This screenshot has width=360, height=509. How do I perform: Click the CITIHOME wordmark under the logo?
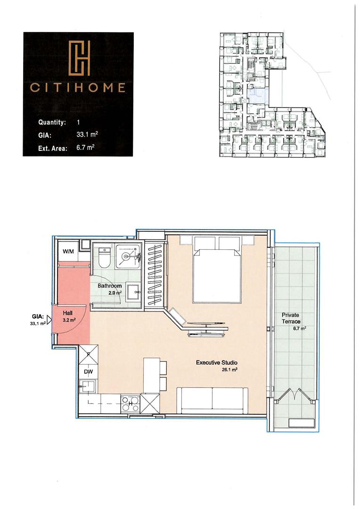78,88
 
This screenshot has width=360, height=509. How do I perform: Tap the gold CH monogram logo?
80,58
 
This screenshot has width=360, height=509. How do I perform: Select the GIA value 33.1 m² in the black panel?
87,134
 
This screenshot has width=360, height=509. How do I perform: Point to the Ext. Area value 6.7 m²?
85,148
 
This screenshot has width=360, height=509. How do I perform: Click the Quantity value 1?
78,123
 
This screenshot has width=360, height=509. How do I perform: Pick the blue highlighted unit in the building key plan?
258,95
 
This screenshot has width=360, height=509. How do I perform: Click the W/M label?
68,251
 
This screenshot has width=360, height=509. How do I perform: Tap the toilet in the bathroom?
105,258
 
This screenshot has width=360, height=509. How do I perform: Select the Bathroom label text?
110,286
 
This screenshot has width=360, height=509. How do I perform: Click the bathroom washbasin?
133,293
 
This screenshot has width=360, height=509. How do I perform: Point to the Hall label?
68,313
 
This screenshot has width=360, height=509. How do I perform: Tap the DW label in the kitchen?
88,372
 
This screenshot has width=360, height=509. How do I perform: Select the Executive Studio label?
217,362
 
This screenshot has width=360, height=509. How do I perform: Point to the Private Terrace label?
291,318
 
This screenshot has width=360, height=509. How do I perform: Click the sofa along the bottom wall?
213,400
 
